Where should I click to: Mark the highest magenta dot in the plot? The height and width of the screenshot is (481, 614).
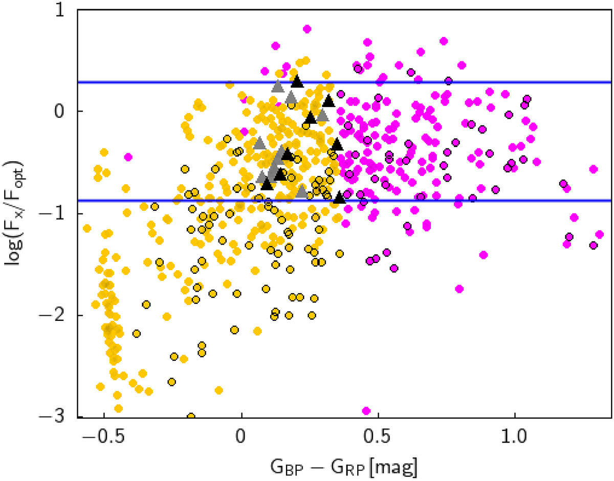click(x=307, y=29)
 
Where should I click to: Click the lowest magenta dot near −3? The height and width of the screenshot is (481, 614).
click(x=366, y=411)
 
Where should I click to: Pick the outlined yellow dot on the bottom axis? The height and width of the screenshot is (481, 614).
click(x=191, y=417)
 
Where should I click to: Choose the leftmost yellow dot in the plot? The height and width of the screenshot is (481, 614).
click(x=87, y=228)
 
